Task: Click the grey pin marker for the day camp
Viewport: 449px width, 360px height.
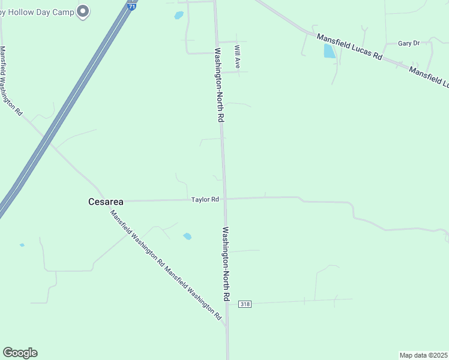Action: pos(83,11)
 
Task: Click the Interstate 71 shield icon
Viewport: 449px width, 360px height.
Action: pos(132,5)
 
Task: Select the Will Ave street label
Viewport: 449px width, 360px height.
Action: pos(238,57)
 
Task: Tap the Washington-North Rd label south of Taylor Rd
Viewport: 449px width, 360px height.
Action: pos(226,263)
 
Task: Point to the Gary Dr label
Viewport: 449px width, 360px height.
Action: pos(408,43)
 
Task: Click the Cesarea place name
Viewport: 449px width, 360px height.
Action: pos(106,202)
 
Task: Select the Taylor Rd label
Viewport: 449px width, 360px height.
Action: pos(205,199)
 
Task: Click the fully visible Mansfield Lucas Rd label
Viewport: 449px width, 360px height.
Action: pos(349,46)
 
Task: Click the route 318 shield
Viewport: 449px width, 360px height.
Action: pos(244,304)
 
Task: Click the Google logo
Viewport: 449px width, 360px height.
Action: pos(20,353)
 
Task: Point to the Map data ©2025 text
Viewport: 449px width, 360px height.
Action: pos(423,355)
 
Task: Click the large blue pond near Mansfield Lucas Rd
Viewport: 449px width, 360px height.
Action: pos(330,51)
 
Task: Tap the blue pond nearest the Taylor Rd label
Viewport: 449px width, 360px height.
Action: pos(187,236)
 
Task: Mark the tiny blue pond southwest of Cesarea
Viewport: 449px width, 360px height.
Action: pos(22,245)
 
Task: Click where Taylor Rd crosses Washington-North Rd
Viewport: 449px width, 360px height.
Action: pos(225,198)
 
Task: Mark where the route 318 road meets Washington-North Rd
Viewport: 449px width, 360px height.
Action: pos(227,304)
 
